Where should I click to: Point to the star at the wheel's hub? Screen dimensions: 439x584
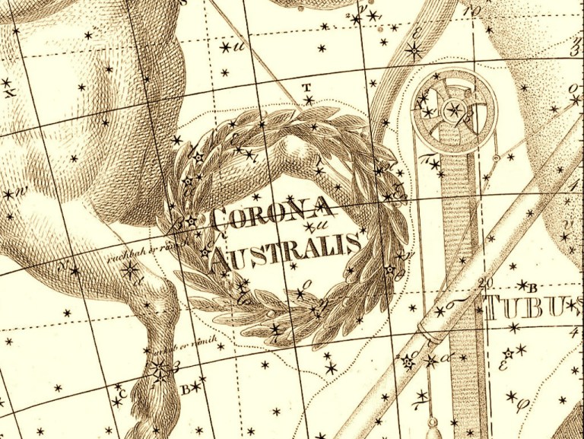[454, 109]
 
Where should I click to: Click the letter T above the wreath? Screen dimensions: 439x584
[307, 87]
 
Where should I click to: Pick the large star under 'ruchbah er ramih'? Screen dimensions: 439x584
[130, 269]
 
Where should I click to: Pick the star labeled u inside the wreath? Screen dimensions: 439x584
[307, 226]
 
